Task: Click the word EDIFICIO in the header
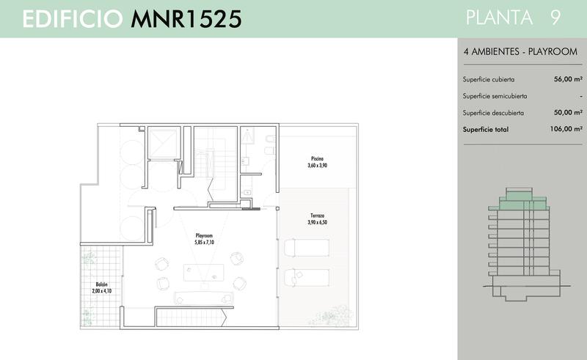pos(73,19)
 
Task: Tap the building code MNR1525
pos(186,19)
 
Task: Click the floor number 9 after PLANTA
pos(555,18)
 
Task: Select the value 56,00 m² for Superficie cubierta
pos(568,79)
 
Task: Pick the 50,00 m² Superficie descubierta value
pos(568,112)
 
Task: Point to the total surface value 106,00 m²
pos(566,129)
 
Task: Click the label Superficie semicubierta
pos(495,96)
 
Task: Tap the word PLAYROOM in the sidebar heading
pos(553,51)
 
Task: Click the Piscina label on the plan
pos(317,158)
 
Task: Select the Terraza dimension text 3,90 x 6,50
pos(317,222)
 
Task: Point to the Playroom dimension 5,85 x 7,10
pos(204,243)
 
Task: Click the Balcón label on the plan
pos(101,284)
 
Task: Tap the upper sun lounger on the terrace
pos(307,248)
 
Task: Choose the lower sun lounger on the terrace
pos(307,278)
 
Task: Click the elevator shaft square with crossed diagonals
pos(163,144)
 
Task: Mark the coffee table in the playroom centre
pos(204,273)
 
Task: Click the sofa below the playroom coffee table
pos(204,298)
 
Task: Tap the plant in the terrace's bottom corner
pos(335,315)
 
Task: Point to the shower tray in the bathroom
pos(247,136)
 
